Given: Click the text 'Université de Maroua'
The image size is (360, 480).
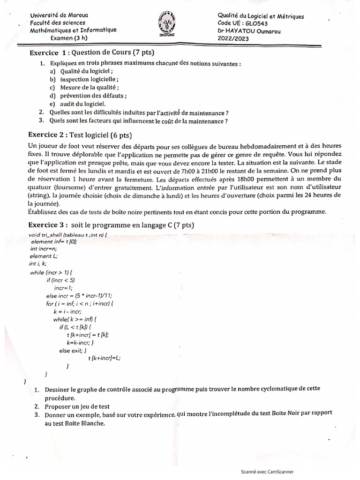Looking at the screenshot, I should click(x=59, y=15).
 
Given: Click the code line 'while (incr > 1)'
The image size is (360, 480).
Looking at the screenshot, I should click(x=52, y=272).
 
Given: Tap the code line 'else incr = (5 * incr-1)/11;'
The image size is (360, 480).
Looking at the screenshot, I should click(x=79, y=296).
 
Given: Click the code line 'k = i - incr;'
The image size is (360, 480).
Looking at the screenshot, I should click(x=68, y=311).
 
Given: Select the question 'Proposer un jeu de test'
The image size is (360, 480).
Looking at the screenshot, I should click(x=77, y=406).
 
